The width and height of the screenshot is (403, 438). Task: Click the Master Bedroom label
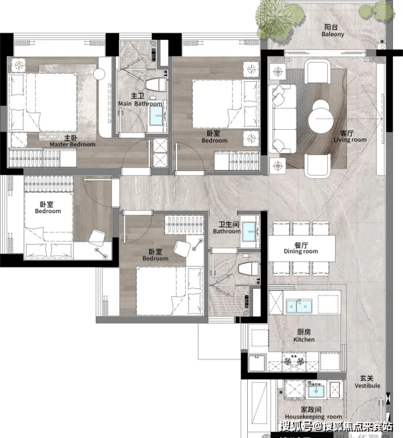pyautogui.click(x=73, y=141)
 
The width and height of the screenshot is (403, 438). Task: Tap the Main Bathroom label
pyautogui.click(x=140, y=100)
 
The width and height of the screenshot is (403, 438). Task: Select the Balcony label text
pyautogui.click(x=332, y=31)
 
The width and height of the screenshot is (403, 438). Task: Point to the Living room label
pyautogui.click(x=350, y=136)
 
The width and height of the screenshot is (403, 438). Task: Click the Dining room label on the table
pyautogui.click(x=301, y=248)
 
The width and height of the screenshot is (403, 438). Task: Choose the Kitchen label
pyautogui.click(x=304, y=335)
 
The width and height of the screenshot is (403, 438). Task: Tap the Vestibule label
pyautogui.click(x=367, y=382)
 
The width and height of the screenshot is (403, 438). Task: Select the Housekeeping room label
pyautogui.click(x=313, y=413)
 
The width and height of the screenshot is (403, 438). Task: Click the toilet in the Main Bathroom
pyautogui.click(x=156, y=85)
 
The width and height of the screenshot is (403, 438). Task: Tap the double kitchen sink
pyautogui.click(x=299, y=306)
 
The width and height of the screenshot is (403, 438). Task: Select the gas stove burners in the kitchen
pyautogui.click(x=294, y=361)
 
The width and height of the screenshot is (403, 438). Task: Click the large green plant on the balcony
pyautogui.click(x=280, y=19)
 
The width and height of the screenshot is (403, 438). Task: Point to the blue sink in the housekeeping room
pyautogui.click(x=316, y=391)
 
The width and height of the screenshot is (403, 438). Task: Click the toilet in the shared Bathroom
pyautogui.click(x=248, y=269)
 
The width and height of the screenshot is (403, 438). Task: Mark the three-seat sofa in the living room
pyautogui.click(x=282, y=118)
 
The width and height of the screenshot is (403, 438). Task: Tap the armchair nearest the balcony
pyautogui.click(x=318, y=71)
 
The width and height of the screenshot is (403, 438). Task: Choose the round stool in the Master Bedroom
pyautogui.click(x=99, y=74)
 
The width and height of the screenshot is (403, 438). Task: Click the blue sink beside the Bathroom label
pyautogui.click(x=249, y=231)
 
